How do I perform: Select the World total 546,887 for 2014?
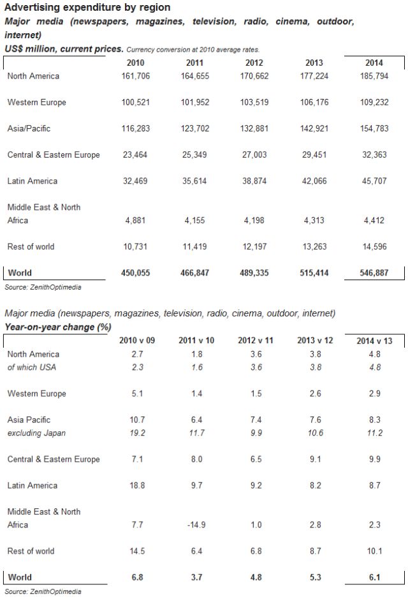click(374, 273)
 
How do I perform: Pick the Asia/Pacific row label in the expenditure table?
click(29, 129)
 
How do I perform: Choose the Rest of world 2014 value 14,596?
click(374, 247)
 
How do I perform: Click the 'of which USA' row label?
click(33, 367)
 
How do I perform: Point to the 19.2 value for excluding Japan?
click(137, 433)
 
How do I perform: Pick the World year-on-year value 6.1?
click(374, 577)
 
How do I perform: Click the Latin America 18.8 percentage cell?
click(137, 486)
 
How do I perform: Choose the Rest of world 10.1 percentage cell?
click(374, 551)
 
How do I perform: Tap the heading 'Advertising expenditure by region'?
click(87, 8)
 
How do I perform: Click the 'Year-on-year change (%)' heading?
click(58, 327)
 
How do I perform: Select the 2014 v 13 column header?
click(374, 341)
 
